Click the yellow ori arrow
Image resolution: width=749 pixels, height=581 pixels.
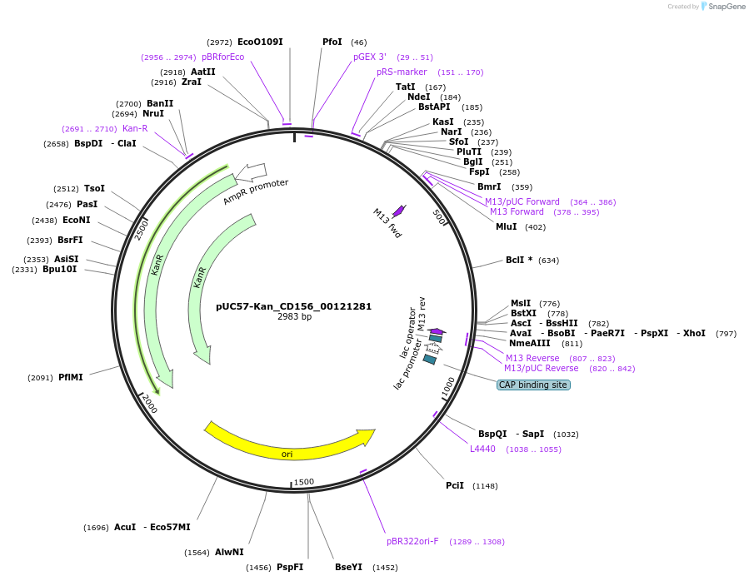click(x=287, y=444)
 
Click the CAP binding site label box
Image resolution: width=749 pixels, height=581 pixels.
click(x=533, y=385)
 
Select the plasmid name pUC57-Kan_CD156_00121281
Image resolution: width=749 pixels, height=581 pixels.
click(x=294, y=305)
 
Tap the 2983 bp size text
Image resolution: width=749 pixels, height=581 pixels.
click(x=294, y=317)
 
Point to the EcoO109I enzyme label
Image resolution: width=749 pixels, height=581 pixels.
click(x=260, y=42)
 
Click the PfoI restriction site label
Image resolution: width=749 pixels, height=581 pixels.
click(x=332, y=42)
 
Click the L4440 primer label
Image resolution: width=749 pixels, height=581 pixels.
click(x=482, y=449)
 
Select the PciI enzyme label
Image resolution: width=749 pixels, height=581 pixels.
click(x=455, y=485)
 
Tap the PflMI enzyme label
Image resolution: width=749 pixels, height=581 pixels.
click(x=71, y=377)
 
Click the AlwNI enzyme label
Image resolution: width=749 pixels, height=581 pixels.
click(x=229, y=552)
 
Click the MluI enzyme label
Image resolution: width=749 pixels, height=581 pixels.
click(x=507, y=226)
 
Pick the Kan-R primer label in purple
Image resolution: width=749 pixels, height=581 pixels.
click(x=135, y=128)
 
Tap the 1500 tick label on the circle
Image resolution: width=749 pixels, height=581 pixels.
click(x=304, y=482)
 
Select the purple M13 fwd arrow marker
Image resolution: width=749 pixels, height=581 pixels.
click(x=399, y=211)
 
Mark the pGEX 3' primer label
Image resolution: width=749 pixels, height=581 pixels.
click(x=370, y=57)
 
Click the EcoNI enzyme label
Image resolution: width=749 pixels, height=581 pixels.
click(x=76, y=220)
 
